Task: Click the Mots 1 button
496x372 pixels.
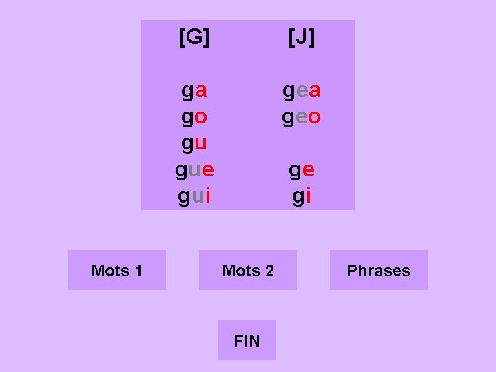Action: (x=116, y=270)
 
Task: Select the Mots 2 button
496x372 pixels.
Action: (x=248, y=270)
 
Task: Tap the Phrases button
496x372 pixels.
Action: (x=378, y=270)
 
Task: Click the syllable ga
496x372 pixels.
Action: (x=194, y=91)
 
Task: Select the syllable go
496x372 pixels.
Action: (x=194, y=117)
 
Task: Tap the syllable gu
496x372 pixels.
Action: (x=194, y=144)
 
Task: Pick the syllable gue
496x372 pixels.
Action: (x=194, y=170)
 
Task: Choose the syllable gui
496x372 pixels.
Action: (x=194, y=196)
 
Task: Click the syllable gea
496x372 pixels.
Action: (x=302, y=91)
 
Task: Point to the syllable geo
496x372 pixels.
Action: (x=302, y=117)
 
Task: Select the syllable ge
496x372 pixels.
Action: (x=302, y=170)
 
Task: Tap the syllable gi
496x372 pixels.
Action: (x=302, y=196)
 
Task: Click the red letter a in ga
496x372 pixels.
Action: (x=200, y=91)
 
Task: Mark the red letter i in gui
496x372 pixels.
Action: (x=207, y=196)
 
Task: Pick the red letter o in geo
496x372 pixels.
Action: (x=314, y=117)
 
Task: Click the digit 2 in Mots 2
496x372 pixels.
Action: (x=269, y=270)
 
